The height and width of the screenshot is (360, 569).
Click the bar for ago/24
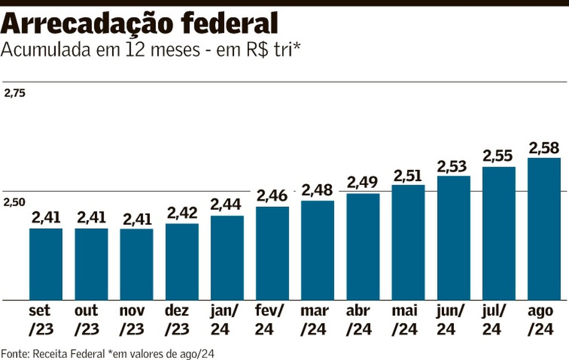[544, 229]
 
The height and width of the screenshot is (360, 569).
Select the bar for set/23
[46, 264]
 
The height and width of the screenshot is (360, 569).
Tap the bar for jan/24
[227, 258]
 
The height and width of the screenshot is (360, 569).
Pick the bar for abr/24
[363, 247]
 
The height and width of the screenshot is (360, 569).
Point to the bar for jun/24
[453, 238]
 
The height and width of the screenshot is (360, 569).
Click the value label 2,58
[544, 149]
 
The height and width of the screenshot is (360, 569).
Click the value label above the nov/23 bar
[136, 219]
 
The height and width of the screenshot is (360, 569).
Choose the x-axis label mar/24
[317, 320]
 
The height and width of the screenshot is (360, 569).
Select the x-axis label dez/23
[182, 320]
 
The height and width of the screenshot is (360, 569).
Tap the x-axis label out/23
[91, 320]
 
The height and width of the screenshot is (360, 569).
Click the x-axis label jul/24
[498, 320]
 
